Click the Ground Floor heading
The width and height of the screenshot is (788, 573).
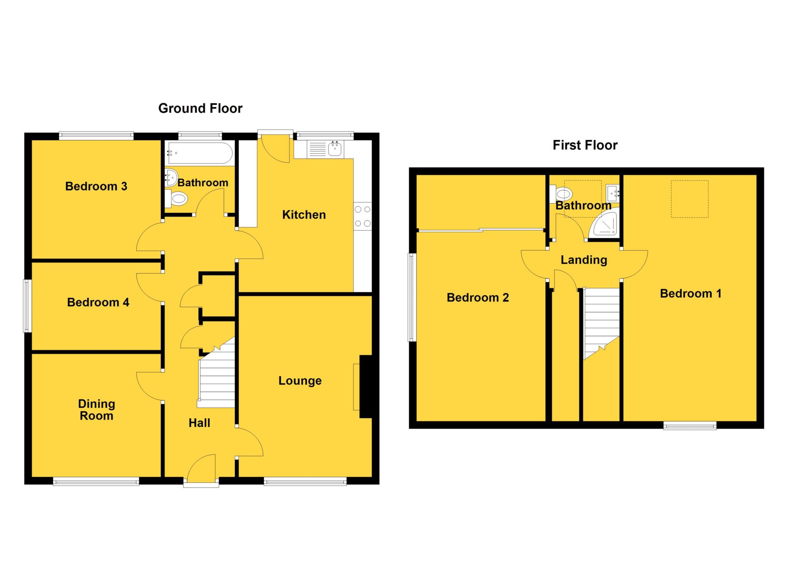click(x=200, y=109)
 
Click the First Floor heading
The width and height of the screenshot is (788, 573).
click(x=585, y=145)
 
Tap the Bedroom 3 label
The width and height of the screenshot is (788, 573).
click(x=96, y=186)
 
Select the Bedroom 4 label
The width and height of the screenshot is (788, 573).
click(x=98, y=302)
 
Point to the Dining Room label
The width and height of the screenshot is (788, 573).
click(x=96, y=409)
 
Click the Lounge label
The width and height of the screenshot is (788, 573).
click(x=300, y=381)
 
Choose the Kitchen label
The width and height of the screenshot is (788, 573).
click(x=304, y=215)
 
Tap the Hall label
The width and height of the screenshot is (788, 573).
click(x=199, y=423)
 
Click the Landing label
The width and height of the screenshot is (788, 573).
click(x=584, y=260)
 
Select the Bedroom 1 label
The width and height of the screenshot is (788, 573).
click(x=691, y=294)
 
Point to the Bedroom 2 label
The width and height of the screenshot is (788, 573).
click(x=477, y=297)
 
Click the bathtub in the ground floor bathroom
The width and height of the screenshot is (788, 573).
click(x=199, y=153)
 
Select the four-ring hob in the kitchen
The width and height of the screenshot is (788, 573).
click(x=362, y=216)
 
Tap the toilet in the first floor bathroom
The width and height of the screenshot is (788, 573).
click(x=562, y=193)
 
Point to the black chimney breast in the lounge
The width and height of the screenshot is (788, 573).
click(x=366, y=386)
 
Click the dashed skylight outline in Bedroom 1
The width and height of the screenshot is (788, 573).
click(x=689, y=199)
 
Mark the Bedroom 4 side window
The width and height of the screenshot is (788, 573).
click(x=27, y=306)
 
